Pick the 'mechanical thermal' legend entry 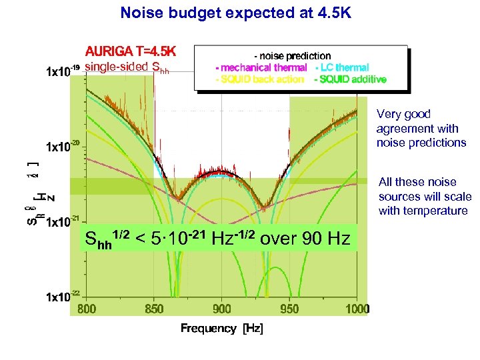point(261,67)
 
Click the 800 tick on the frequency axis point(87,309)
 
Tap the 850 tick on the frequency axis point(154,309)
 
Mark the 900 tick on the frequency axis point(222,309)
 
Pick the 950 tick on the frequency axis point(289,309)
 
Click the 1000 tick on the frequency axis point(357,309)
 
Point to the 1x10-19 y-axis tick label point(62,69)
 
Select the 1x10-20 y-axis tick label point(62,145)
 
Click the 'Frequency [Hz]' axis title point(221,328)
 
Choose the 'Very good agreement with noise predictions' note point(421,128)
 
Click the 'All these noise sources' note point(425,196)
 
